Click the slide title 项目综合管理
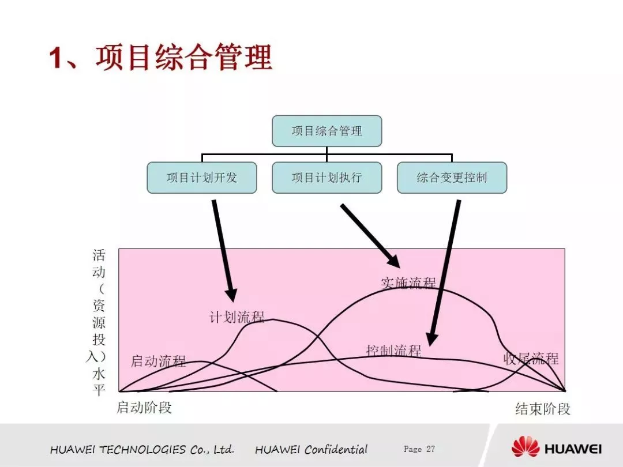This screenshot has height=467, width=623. point(184,58)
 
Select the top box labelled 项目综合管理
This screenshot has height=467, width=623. point(326,131)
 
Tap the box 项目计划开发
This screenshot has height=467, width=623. point(202,178)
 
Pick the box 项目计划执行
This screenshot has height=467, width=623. point(326,178)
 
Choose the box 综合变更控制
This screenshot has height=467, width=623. point(452,178)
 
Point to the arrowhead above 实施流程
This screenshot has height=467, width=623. point(394,261)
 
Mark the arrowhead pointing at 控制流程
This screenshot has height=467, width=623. point(431,339)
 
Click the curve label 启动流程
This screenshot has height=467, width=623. point(158,361)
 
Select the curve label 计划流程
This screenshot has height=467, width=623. point(237,317)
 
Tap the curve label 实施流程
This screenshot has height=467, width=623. point(408,283)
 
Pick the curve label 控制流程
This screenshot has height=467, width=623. point(394,351)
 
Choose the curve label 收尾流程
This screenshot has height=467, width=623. point(531,359)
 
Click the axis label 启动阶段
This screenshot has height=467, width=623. point(144,408)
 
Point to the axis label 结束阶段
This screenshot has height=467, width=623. point(543,409)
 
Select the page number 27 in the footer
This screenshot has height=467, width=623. point(431,449)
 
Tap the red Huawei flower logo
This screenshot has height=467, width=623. point(526,446)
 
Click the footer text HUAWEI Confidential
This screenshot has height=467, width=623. point(311,450)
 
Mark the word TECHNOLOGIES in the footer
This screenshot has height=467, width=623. point(142,450)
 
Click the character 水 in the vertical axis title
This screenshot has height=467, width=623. point(99,374)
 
